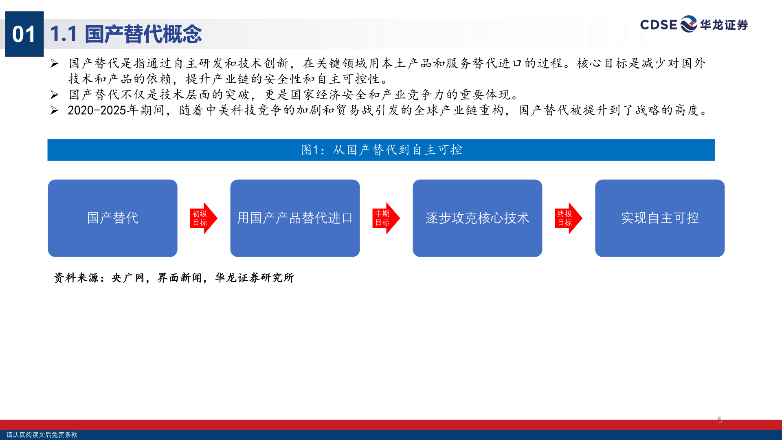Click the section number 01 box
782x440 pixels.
pyautogui.click(x=24, y=34)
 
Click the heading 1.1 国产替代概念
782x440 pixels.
pyautogui.click(x=126, y=34)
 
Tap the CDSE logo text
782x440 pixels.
pyautogui.click(x=658, y=25)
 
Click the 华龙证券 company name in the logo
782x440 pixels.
pyautogui.click(x=724, y=25)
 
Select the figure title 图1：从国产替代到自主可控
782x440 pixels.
pyautogui.click(x=382, y=150)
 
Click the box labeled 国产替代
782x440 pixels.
pyautogui.click(x=113, y=218)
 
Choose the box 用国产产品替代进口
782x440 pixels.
pyautogui.click(x=295, y=218)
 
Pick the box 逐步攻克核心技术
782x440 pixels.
pyautogui.click(x=477, y=218)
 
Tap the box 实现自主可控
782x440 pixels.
pyautogui.click(x=660, y=218)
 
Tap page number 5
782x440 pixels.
pyautogui.click(x=720, y=420)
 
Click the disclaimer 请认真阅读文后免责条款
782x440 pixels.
pyautogui.click(x=42, y=435)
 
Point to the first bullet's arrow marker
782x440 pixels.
pyautogui.click(x=54, y=64)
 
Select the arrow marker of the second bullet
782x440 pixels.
pyautogui.click(x=54, y=95)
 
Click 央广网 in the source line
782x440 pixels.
pyautogui.click(x=128, y=278)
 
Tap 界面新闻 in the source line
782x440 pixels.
pyautogui.click(x=180, y=278)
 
